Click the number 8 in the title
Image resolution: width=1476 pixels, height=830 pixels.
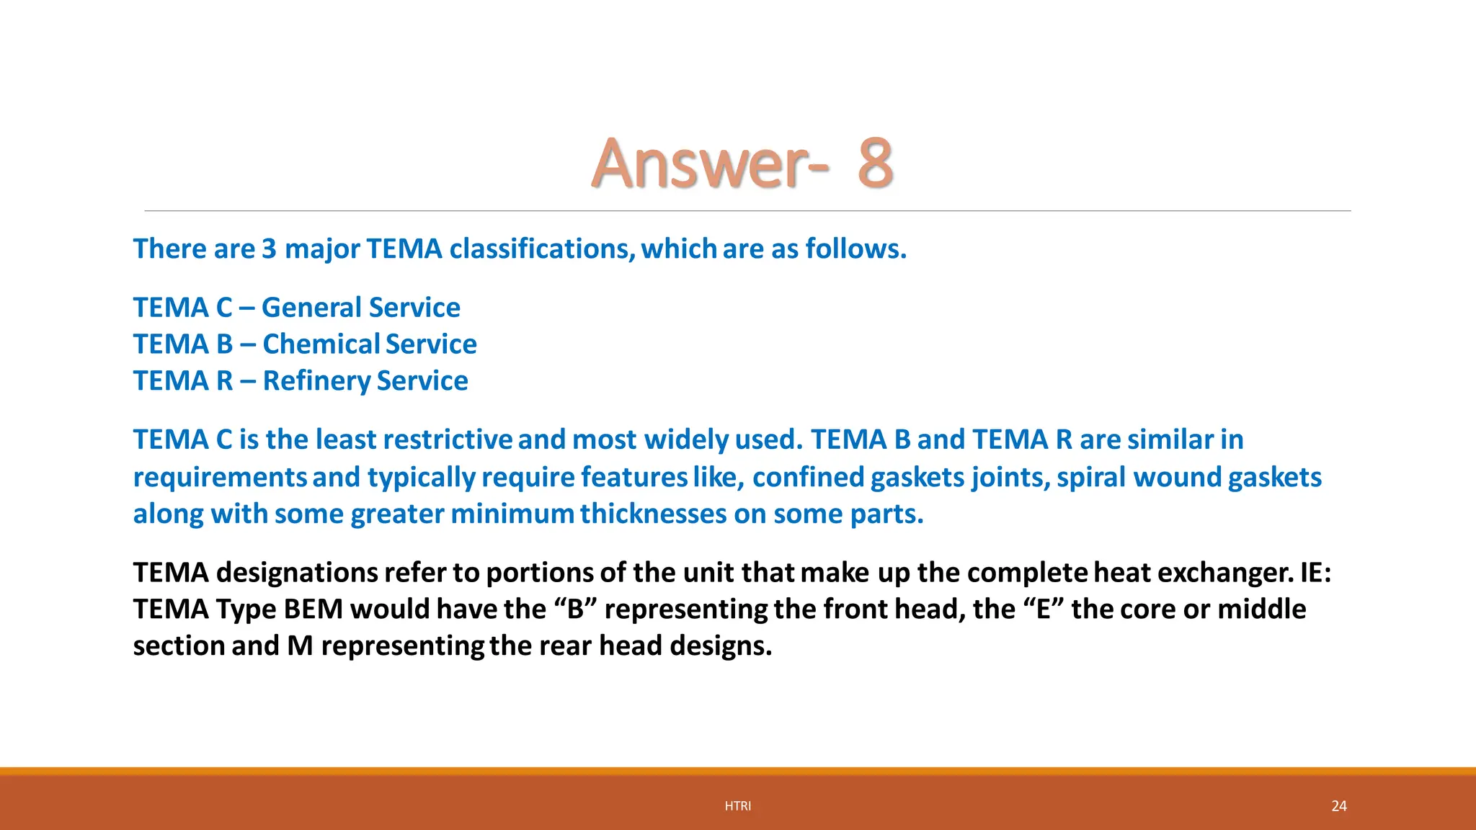pyautogui.click(x=876, y=164)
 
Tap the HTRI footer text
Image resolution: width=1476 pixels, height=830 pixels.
pyautogui.click(x=738, y=806)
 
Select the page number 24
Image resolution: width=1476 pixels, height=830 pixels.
pyautogui.click(x=1339, y=806)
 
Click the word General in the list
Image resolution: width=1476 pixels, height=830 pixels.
pyautogui.click(x=311, y=308)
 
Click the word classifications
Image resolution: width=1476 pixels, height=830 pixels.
pyautogui.click(x=541, y=249)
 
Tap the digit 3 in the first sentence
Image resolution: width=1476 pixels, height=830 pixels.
pyautogui.click(x=269, y=249)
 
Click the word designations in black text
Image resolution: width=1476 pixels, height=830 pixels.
pyautogui.click(x=297, y=573)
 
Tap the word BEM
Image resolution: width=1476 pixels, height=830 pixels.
pyautogui.click(x=313, y=610)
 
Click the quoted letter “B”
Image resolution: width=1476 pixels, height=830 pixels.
pyautogui.click(x=575, y=610)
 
